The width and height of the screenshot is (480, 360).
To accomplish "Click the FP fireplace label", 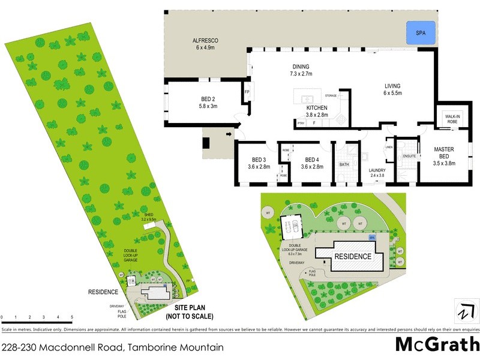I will coord(247,92).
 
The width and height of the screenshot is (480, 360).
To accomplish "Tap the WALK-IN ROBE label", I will coord(451,118).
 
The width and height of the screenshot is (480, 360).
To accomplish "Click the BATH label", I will coord(344,164).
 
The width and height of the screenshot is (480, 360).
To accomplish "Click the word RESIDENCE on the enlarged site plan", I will coord(353,256).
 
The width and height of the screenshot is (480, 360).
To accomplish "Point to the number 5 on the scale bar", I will coord(72,317).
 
